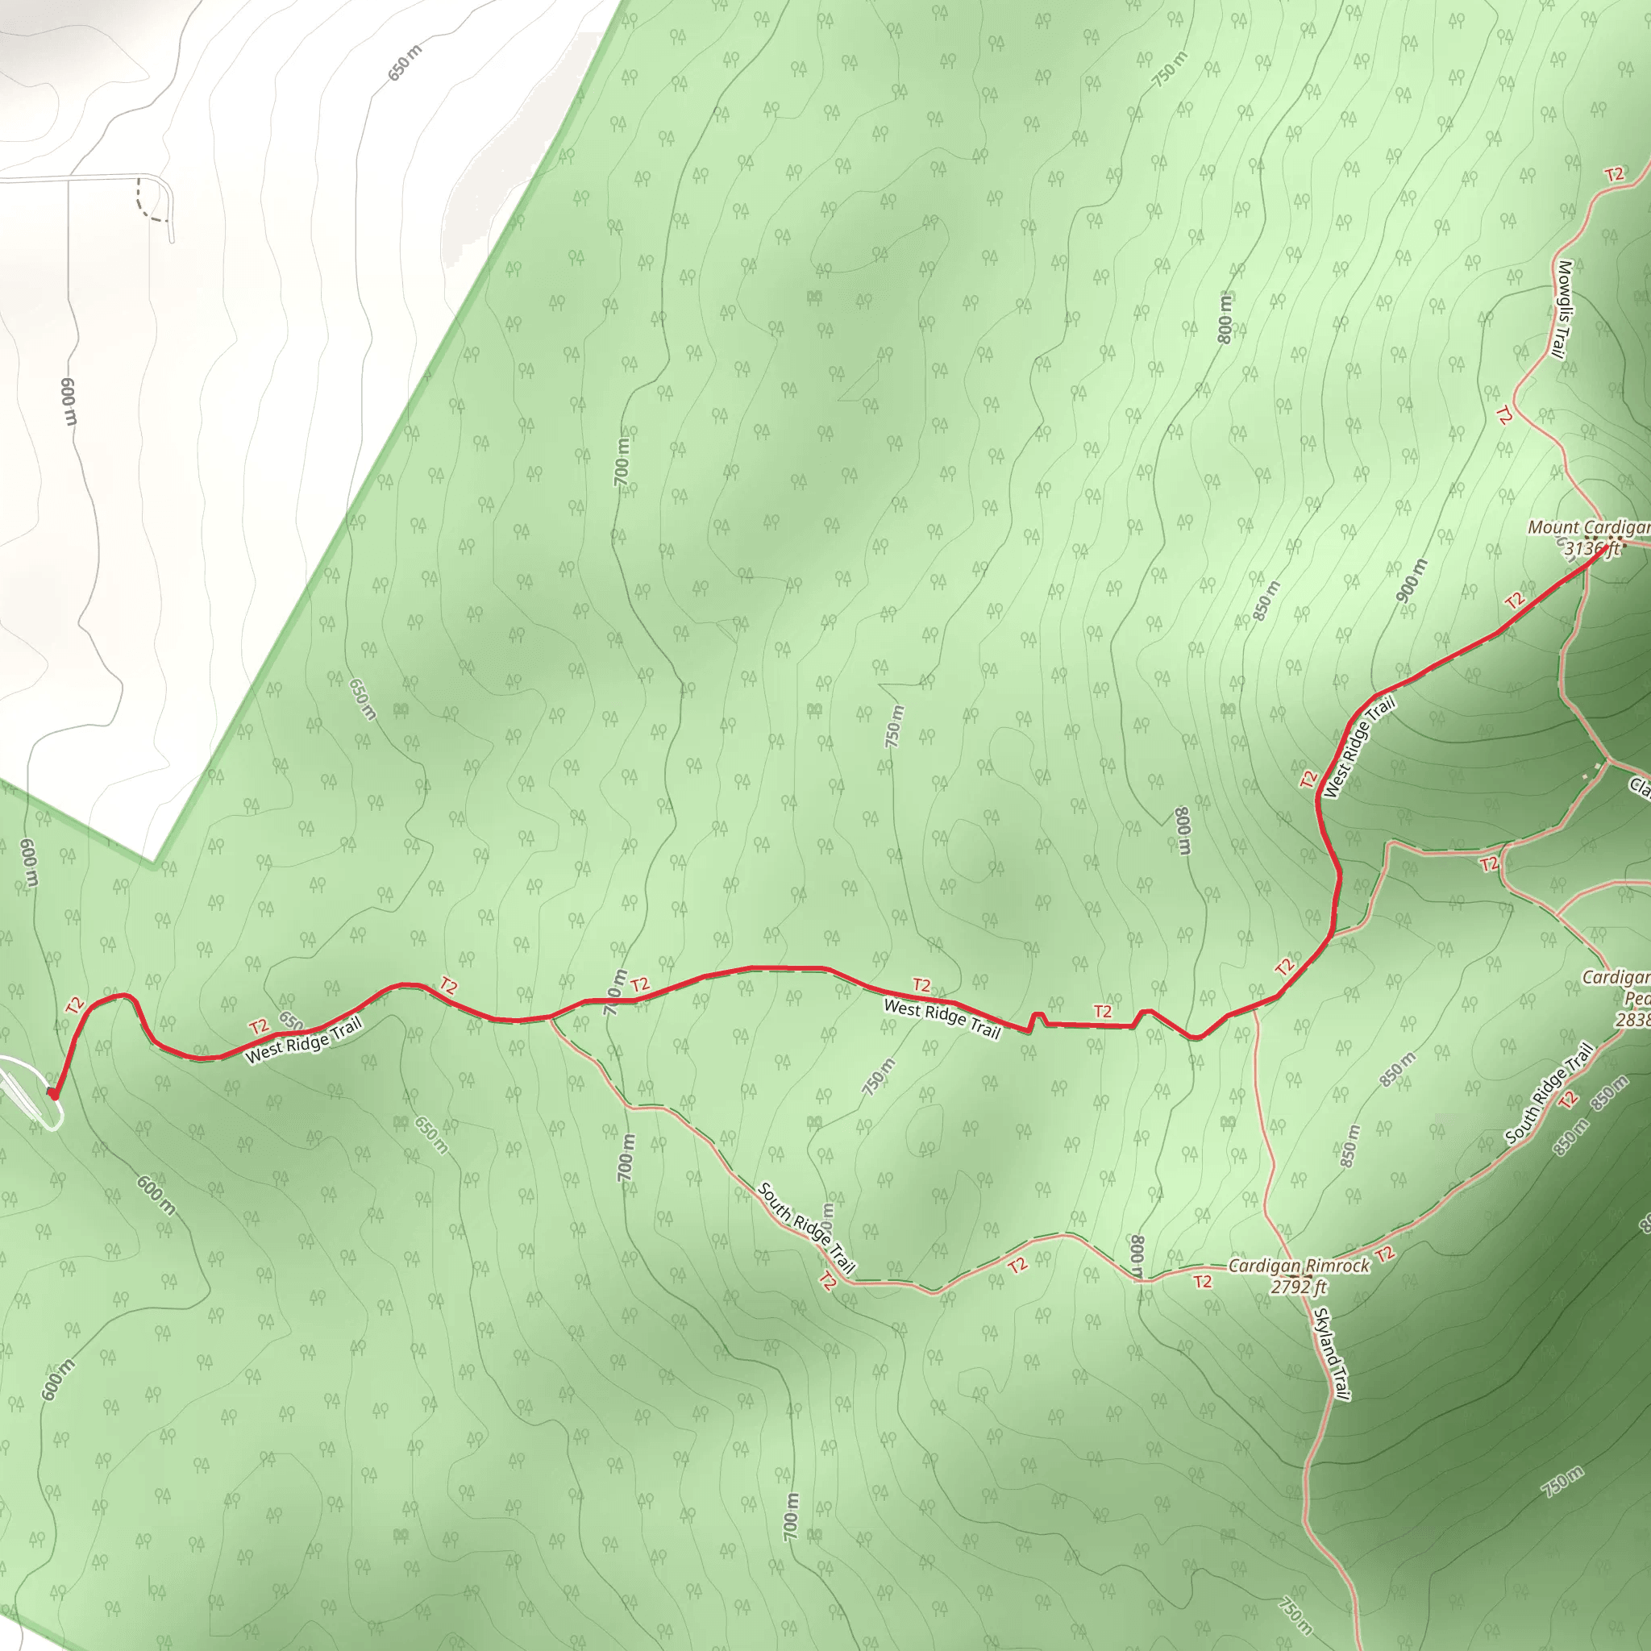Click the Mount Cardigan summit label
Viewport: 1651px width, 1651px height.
click(x=1589, y=527)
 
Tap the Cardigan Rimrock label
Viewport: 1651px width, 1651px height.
click(x=1298, y=1266)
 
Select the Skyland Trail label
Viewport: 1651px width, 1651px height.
click(x=1332, y=1354)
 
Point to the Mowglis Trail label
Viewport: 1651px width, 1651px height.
click(x=1563, y=309)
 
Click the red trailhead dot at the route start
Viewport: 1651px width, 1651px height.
click(x=53, y=1093)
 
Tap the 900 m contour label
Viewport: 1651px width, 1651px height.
click(x=1412, y=580)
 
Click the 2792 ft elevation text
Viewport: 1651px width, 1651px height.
click(x=1298, y=1286)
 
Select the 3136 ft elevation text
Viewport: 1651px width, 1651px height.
click(x=1591, y=549)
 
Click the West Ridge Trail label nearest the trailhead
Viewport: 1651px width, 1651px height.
click(x=304, y=1040)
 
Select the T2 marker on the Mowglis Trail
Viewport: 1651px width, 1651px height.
click(x=1504, y=415)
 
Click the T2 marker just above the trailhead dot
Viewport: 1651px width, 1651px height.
click(x=75, y=1005)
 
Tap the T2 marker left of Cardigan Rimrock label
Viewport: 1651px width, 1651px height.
click(x=1202, y=1281)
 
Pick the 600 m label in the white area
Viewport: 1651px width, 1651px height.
click(x=69, y=401)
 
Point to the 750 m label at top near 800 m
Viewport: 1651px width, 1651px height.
click(x=1169, y=69)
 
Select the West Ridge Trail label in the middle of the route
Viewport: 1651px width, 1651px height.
click(x=942, y=1020)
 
